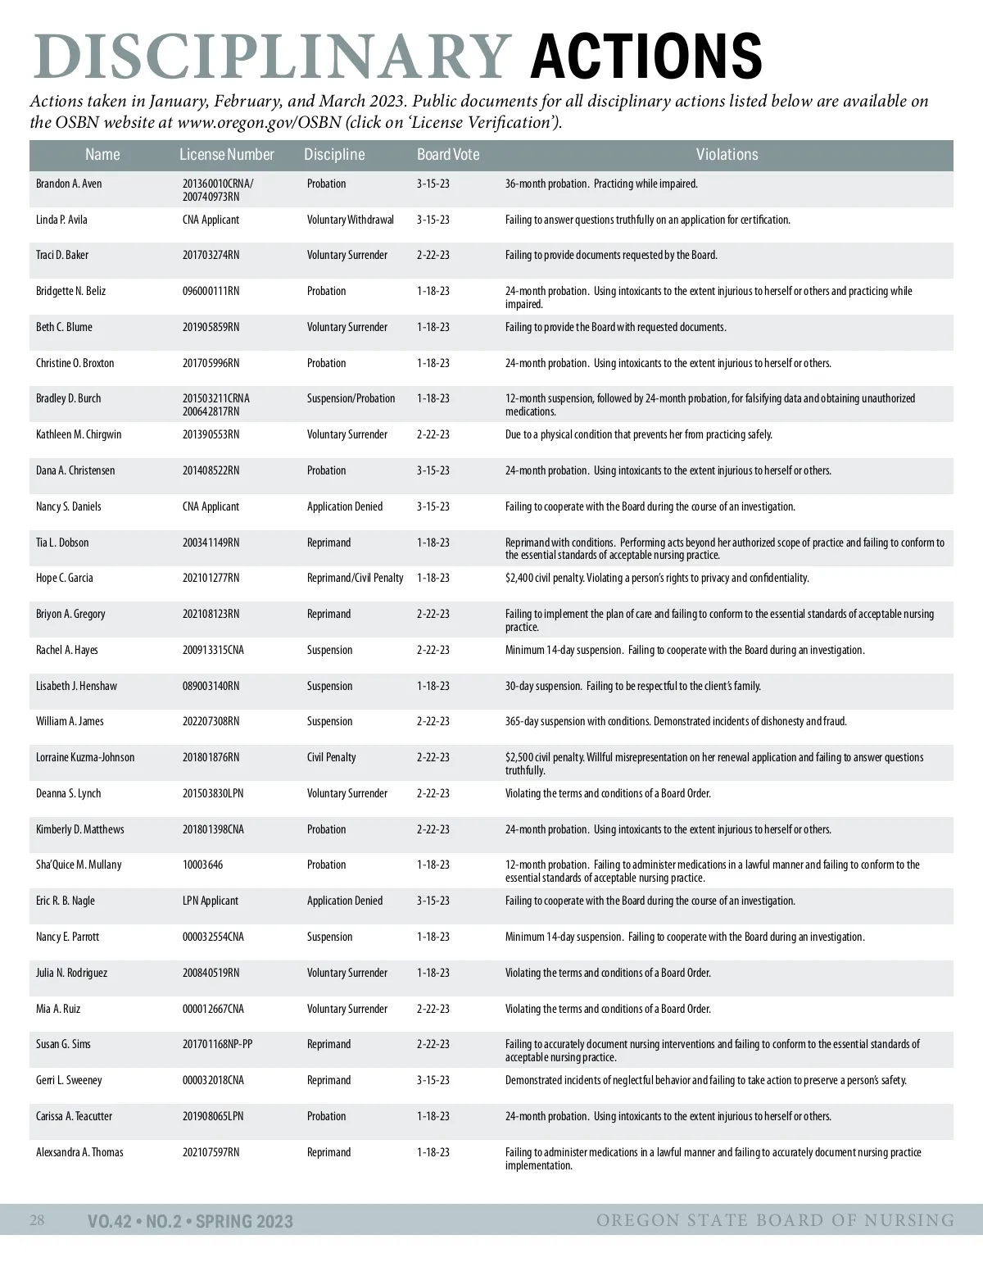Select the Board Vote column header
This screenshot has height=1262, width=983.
click(x=448, y=154)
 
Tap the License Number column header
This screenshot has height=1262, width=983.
click(x=227, y=154)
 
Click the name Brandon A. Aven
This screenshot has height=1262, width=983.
click(x=69, y=184)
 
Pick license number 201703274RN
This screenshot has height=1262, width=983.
click(x=211, y=255)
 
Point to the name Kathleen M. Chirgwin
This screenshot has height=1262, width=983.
click(x=79, y=434)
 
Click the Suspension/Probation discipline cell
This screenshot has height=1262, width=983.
click(x=351, y=398)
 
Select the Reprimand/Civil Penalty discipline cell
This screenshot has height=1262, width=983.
click(x=355, y=578)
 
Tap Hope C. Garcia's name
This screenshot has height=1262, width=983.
click(x=65, y=578)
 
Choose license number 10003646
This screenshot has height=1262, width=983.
click(x=202, y=865)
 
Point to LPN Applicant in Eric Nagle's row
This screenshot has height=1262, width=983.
click(x=211, y=901)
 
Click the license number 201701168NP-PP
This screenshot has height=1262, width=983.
click(x=217, y=1044)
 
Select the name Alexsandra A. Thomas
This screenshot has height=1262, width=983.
click(x=79, y=1152)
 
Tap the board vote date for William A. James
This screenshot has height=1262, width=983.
click(x=433, y=721)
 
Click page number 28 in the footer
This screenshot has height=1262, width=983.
click(x=38, y=1220)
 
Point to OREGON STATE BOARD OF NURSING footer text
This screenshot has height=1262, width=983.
click(x=775, y=1220)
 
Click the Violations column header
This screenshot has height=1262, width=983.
click(x=727, y=154)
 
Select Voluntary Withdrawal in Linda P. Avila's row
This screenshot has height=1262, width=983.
click(x=350, y=220)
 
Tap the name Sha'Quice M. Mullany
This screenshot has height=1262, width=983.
click(x=79, y=865)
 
